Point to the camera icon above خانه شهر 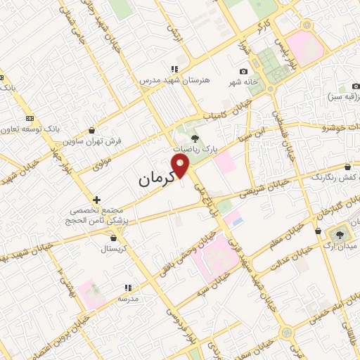[244, 71]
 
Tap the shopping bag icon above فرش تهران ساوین [93, 130]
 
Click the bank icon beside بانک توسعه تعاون [30, 118]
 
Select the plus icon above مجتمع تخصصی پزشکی [97, 200]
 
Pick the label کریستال [112, 249]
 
